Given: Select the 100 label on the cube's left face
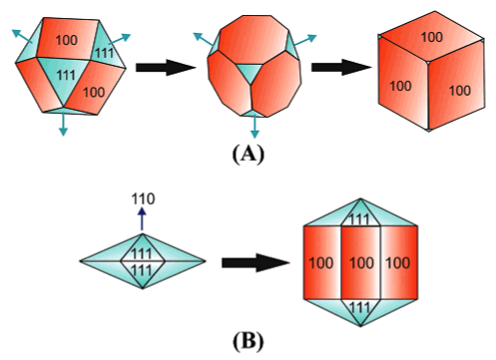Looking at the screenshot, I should click(x=400, y=85).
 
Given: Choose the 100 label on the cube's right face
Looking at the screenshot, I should click(x=459, y=90).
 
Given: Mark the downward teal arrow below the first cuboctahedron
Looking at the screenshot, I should click(x=64, y=124).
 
